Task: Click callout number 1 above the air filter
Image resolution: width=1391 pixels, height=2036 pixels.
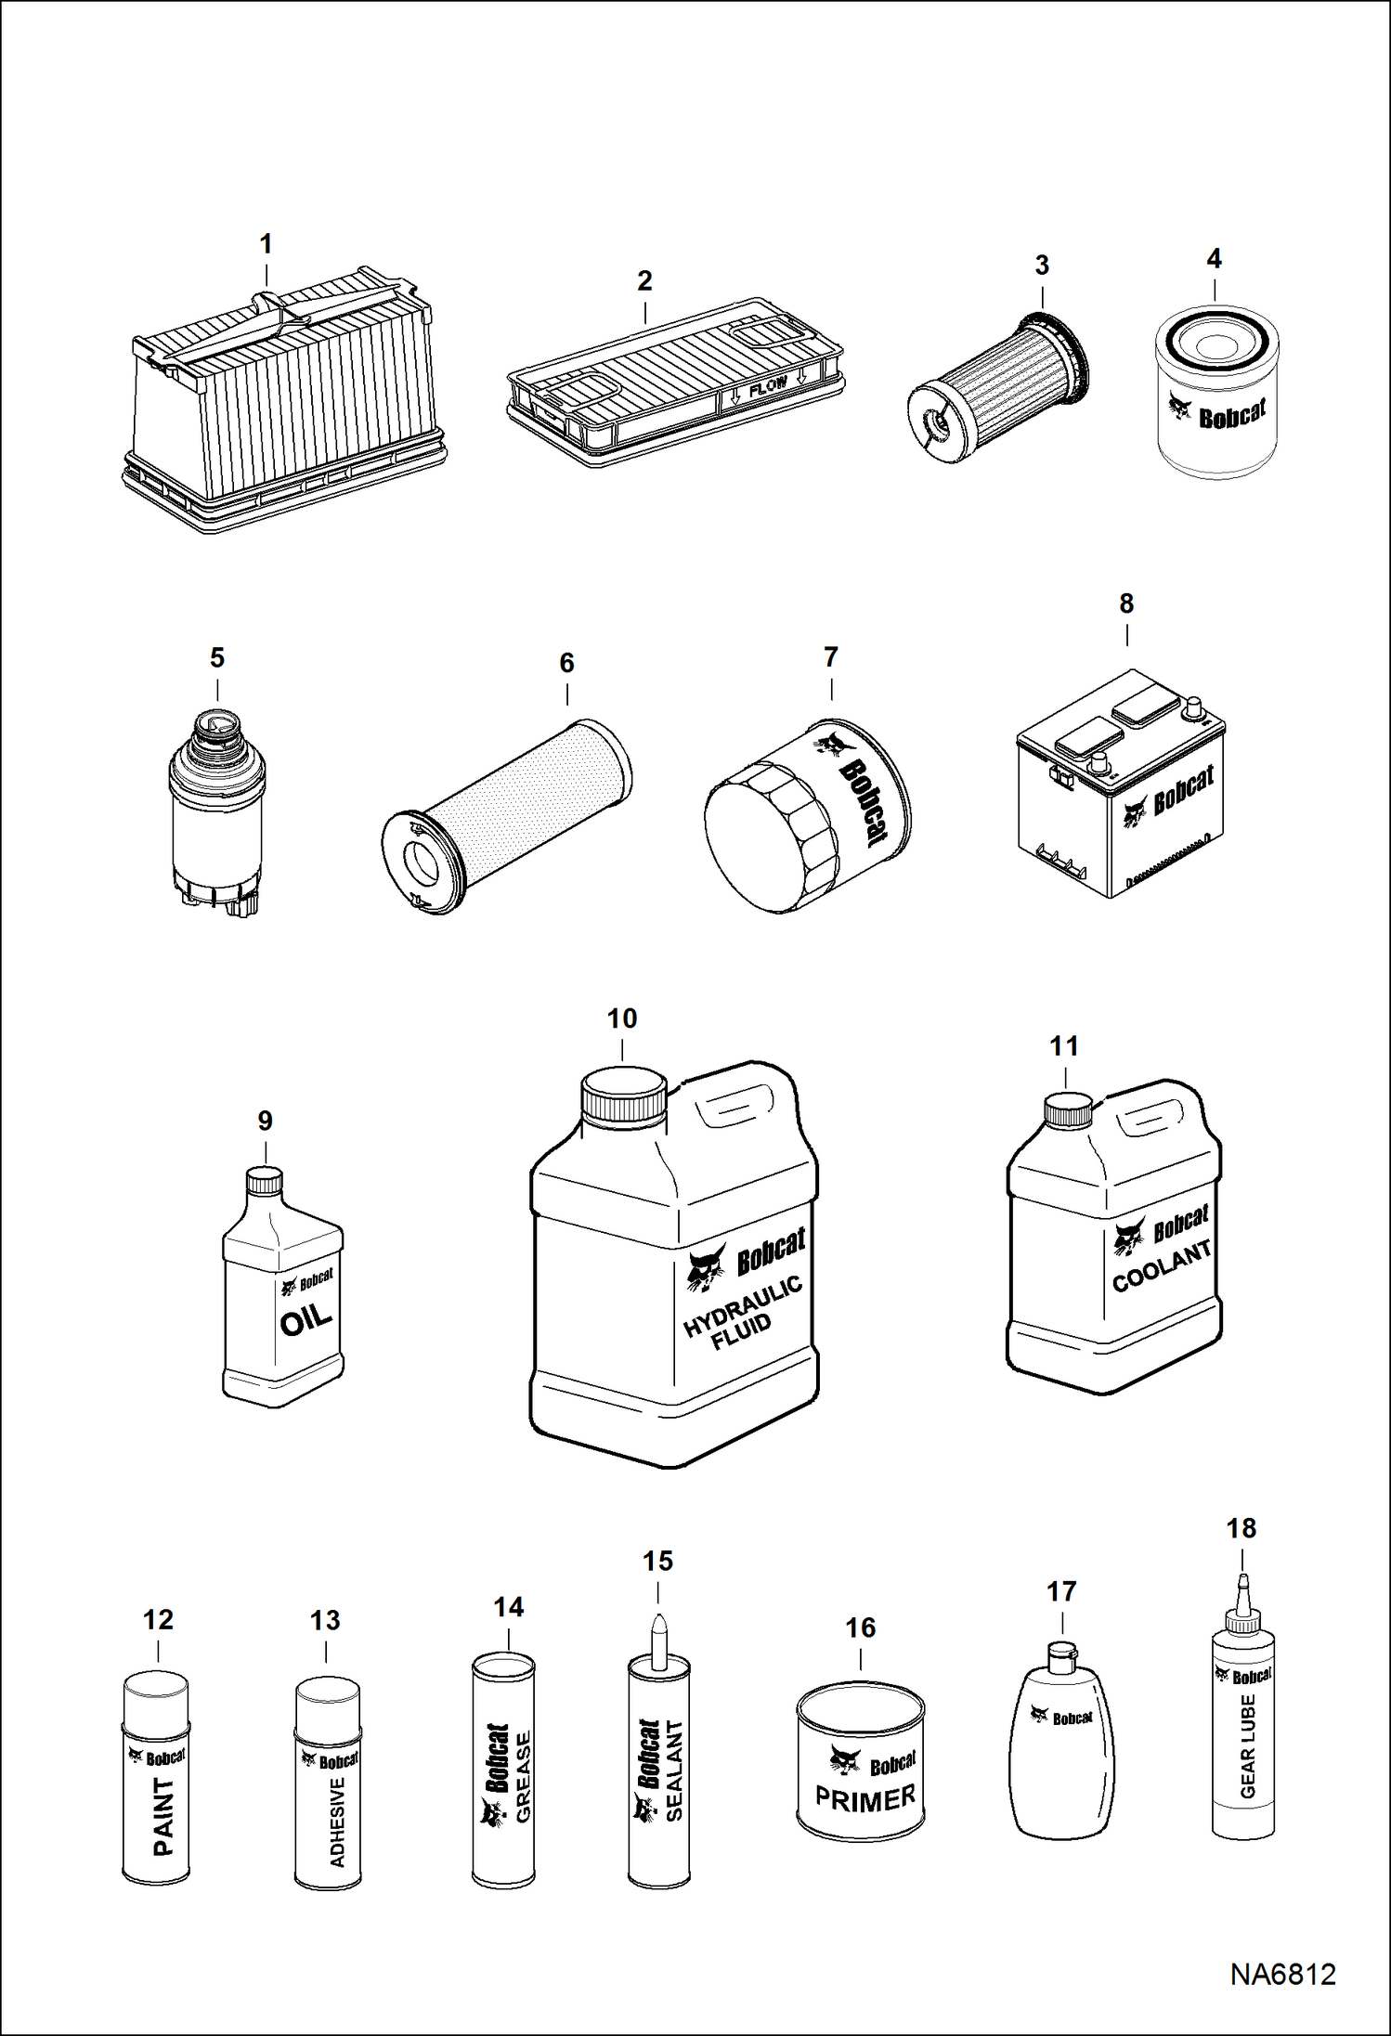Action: (x=266, y=244)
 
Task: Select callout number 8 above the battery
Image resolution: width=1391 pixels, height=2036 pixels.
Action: (x=1126, y=603)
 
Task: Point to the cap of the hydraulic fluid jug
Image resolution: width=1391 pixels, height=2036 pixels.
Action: (x=623, y=1096)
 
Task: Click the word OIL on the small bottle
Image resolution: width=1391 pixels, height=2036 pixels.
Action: (x=305, y=1319)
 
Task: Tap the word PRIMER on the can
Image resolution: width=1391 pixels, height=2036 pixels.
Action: (x=864, y=1799)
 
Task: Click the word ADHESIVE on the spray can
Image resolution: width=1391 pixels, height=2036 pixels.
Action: (x=337, y=1822)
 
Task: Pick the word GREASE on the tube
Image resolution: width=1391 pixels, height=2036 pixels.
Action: (x=524, y=1777)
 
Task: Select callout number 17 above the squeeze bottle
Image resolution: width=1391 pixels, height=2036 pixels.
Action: (x=1061, y=1591)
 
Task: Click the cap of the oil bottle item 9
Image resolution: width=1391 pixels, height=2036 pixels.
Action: (x=264, y=1181)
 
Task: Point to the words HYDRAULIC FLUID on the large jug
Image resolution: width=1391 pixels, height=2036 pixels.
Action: (x=742, y=1312)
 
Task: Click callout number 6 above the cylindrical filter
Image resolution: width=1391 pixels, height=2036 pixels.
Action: (x=566, y=663)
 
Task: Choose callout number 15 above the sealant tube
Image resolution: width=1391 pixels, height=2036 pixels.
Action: (x=657, y=1562)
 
